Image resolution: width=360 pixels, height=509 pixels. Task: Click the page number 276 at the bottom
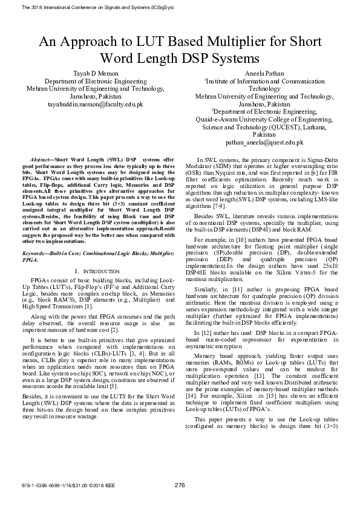pos(180,484)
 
